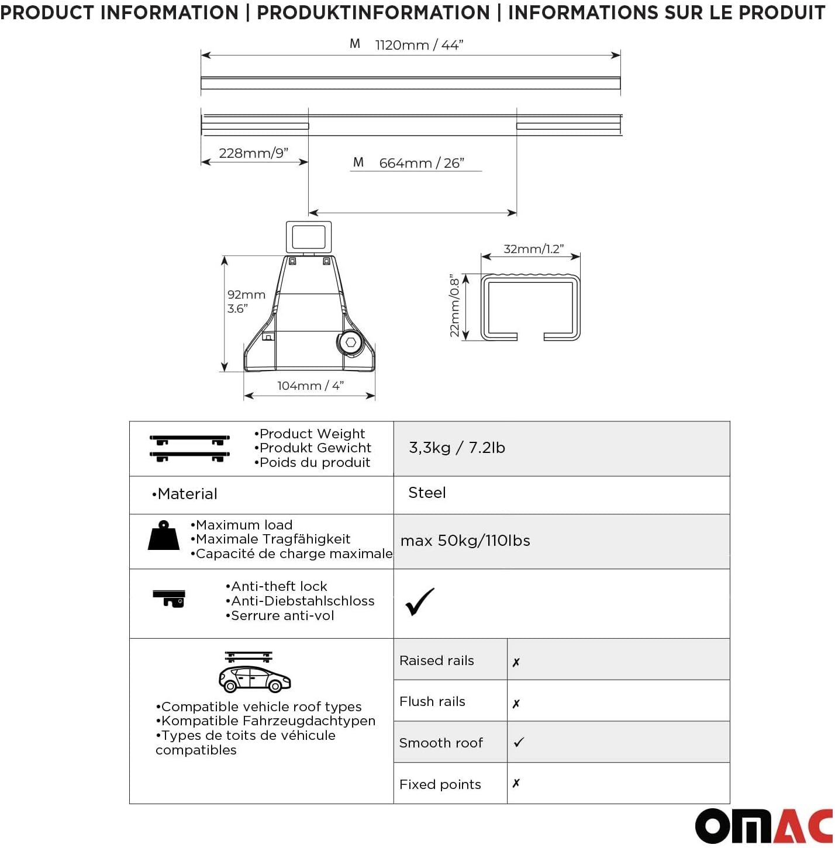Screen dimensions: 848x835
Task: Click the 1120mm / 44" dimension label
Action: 419,45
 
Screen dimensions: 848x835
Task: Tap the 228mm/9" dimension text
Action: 253,153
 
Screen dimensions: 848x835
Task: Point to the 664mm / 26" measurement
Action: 421,163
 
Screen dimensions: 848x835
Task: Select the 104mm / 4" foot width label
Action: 310,386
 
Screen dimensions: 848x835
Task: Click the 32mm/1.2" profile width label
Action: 533,249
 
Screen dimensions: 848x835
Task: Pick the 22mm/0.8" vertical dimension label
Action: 454,306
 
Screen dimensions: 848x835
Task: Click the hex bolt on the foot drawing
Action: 350,343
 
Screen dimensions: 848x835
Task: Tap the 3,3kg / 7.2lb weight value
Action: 457,448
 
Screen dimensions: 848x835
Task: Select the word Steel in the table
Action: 427,493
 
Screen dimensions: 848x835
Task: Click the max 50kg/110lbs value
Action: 465,541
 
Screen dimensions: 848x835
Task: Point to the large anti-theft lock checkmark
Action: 419,602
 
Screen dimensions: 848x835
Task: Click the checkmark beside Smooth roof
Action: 519,742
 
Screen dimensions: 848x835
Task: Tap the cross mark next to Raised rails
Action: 516,662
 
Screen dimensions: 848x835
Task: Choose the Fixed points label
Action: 440,784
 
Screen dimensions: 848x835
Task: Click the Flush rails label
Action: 432,701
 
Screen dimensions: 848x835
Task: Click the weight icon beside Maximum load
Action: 164,536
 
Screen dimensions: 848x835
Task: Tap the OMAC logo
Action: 764,826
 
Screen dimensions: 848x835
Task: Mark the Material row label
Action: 185,494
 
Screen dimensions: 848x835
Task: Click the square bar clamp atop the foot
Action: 309,237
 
